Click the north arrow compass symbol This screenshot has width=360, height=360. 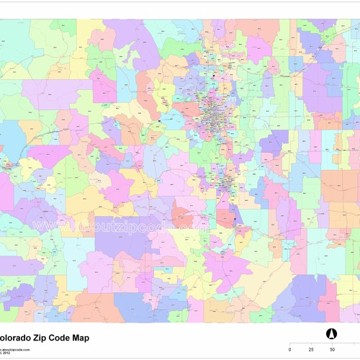pos(333,334)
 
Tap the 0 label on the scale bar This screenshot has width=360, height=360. pos(290,350)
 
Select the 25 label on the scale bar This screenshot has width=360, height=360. pos(311,350)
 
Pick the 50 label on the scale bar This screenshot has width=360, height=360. pos(332,350)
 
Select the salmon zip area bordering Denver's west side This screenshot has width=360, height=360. pos(186,110)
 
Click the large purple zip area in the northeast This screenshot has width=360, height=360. pos(317,94)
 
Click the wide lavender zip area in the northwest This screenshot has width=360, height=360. pos(54,94)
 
